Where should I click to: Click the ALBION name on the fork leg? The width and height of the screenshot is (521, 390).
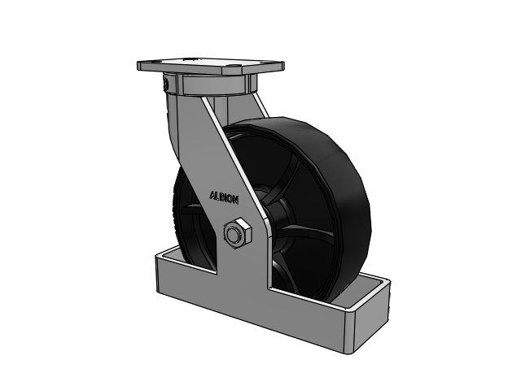pos(224,197)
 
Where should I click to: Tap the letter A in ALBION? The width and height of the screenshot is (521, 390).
pos(212,195)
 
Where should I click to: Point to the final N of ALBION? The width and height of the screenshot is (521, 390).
pos(235,200)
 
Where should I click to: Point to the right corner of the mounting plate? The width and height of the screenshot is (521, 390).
pos(283,62)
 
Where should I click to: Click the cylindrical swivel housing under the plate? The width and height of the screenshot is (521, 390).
pos(215,84)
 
